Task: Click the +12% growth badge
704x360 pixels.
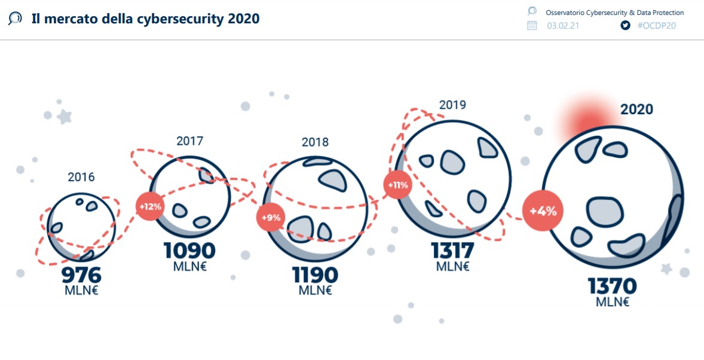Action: click(151, 207)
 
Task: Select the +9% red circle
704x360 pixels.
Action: click(271, 217)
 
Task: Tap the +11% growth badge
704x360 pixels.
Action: click(397, 185)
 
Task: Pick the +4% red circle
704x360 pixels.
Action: click(543, 210)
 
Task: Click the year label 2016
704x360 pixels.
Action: click(81, 177)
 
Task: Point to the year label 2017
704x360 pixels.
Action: click(190, 142)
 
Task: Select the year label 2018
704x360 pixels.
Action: click(315, 142)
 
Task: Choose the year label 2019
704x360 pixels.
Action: click(452, 105)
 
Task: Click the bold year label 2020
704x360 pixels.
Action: click(636, 109)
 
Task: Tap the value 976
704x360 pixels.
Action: click(81, 276)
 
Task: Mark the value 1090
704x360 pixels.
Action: click(189, 251)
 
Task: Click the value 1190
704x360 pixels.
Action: click(315, 275)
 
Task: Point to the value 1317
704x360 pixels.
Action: click(452, 251)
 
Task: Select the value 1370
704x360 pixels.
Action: click(613, 286)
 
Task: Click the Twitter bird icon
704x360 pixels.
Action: click(625, 25)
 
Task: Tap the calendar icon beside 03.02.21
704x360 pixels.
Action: click(532, 25)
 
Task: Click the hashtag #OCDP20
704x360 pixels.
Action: click(656, 25)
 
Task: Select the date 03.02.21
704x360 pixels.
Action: click(562, 25)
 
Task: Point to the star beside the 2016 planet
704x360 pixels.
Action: click(64, 116)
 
